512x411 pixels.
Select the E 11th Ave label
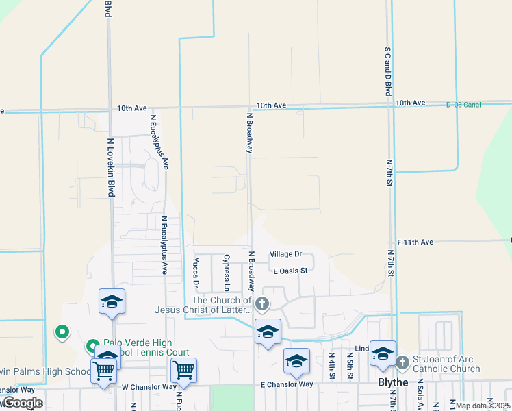point(415,242)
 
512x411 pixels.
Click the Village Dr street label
point(285,254)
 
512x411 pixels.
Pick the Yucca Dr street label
point(196,273)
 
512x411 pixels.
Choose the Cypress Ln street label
point(227,272)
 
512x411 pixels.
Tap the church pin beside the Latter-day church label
point(261,303)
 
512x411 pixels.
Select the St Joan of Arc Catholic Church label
point(446,364)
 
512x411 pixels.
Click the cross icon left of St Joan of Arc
point(402,360)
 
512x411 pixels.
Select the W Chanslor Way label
point(149,387)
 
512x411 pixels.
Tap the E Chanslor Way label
point(287,384)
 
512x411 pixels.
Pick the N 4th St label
point(331,365)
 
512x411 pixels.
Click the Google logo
point(22,403)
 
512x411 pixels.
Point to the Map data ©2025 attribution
point(483,406)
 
